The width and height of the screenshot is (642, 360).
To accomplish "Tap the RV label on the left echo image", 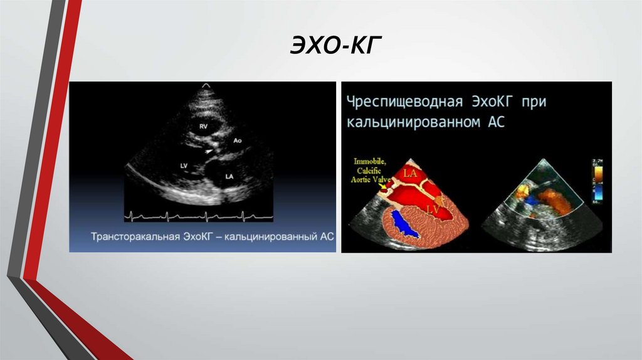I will [x=203, y=126].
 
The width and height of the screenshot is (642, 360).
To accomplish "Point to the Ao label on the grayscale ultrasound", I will [x=237, y=140].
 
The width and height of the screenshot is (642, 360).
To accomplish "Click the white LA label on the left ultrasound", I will [x=229, y=177].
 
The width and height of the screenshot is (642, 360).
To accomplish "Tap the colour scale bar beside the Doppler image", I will [x=596, y=182].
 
